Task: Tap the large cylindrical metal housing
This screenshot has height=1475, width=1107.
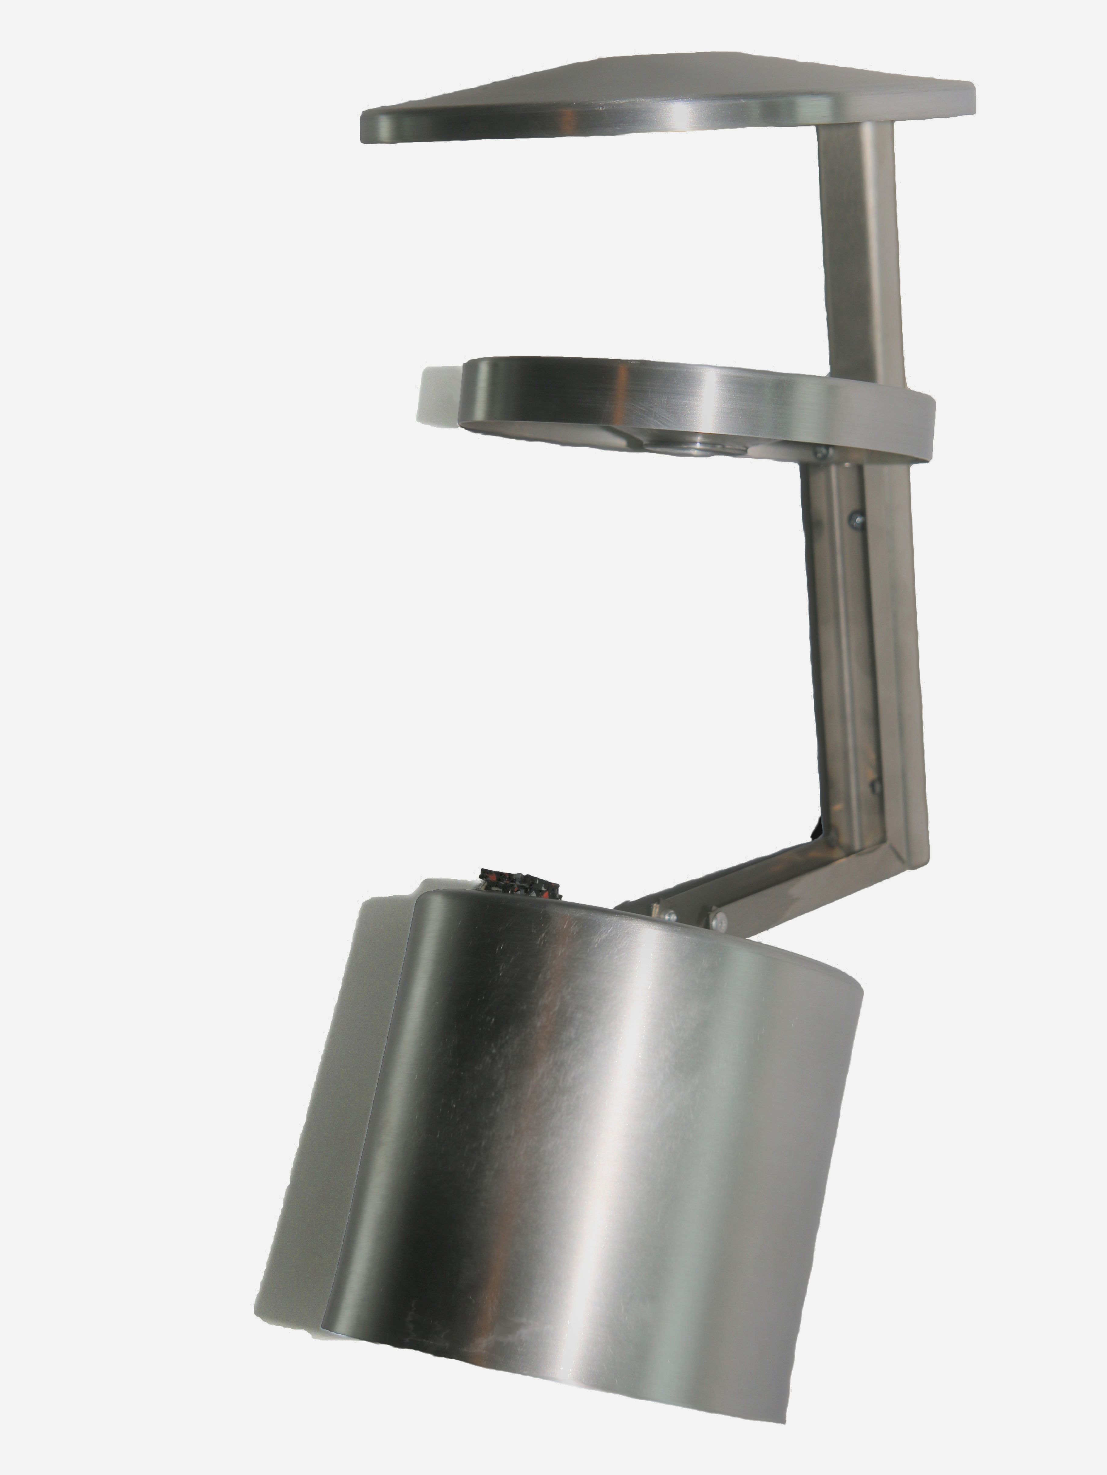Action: [586, 1134]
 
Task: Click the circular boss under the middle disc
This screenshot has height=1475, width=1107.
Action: [700, 445]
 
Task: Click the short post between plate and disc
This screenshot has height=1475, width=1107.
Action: [860, 247]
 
